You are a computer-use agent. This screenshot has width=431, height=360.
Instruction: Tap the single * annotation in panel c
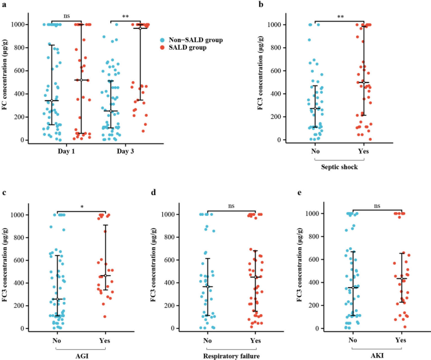(82, 206)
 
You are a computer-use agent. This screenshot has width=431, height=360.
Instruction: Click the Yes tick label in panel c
(106, 340)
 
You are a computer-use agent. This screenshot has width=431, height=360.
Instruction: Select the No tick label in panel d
(206, 340)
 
